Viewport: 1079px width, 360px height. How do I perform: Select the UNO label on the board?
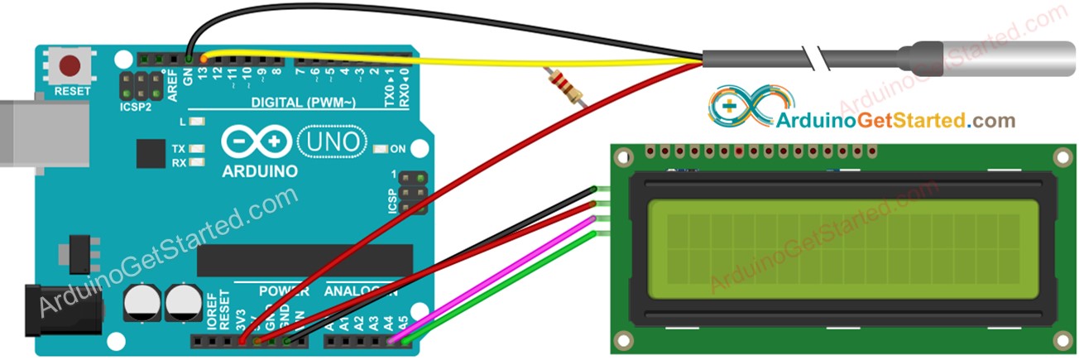click(329, 141)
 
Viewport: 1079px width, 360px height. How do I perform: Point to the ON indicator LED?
click(380, 150)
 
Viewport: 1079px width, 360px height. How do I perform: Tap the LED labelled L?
click(197, 122)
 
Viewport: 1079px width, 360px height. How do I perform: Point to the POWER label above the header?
click(284, 292)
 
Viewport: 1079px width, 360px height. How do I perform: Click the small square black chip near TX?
click(151, 154)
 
